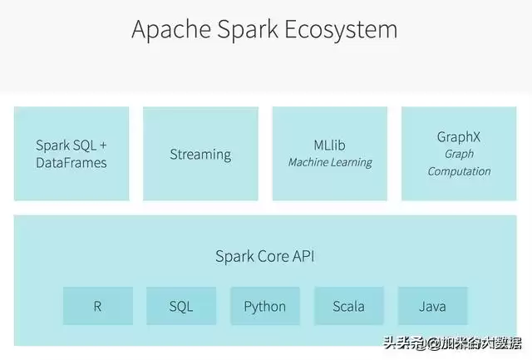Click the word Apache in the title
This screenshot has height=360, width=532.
point(169,29)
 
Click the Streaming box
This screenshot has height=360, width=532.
point(200,154)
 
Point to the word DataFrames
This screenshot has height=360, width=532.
point(71,163)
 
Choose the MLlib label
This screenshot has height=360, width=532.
point(330,145)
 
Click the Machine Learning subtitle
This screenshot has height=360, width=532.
point(330,163)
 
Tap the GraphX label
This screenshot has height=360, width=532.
point(459,136)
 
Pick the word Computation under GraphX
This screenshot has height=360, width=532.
point(459,171)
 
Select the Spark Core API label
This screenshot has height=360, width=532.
point(265,256)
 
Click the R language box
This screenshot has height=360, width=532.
point(97,306)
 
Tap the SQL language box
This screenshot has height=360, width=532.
point(181,306)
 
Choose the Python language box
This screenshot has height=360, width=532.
point(265,306)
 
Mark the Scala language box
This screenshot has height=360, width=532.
point(348,306)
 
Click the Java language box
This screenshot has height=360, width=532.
point(432,306)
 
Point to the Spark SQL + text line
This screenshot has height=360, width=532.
point(71,145)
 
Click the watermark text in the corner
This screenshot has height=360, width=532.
point(452,343)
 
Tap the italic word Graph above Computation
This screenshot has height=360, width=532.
point(459,154)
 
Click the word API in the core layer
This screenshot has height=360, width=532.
point(303,256)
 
